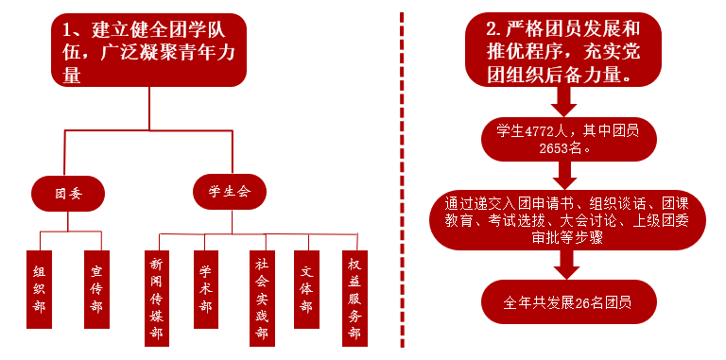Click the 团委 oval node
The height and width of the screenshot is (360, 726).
tap(68, 194)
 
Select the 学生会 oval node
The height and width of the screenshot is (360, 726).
tap(230, 192)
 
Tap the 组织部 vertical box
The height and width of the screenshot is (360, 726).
tap(40, 289)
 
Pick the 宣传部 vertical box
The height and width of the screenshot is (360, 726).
tap(96, 289)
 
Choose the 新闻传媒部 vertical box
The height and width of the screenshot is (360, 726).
tap(157, 299)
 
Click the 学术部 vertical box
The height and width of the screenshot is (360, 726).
tap(206, 289)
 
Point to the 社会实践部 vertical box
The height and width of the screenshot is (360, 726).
tap(262, 299)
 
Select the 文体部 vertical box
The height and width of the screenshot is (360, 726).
tap(306, 289)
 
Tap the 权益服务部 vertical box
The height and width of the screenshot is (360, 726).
tap(354, 299)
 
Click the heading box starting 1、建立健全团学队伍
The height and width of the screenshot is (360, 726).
tap(148, 50)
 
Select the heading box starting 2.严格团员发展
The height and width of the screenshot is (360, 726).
tap(563, 49)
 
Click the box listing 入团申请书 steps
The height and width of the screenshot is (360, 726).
tap(567, 220)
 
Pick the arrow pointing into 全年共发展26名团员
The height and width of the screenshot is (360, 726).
tap(566, 265)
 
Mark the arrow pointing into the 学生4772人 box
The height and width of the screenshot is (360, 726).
tap(563, 102)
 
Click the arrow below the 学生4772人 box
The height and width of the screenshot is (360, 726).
tap(564, 176)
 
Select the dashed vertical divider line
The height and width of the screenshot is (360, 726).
tap(402, 180)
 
